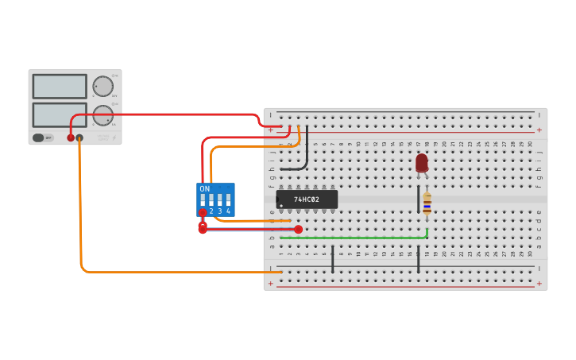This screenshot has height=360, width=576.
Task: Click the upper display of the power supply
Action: pyautogui.click(x=60, y=86)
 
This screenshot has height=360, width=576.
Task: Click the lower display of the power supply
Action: pyautogui.click(x=60, y=114)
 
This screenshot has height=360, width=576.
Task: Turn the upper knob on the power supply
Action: pyautogui.click(x=103, y=86)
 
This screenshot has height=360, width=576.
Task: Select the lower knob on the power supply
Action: pyautogui.click(x=103, y=115)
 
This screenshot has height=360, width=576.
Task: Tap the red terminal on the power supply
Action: pyautogui.click(x=71, y=138)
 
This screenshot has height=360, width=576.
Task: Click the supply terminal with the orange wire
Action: pyautogui.click(x=79, y=138)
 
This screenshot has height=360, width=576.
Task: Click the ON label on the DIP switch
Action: pyautogui.click(x=205, y=189)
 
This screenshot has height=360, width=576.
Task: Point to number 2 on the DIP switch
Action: pyautogui.click(x=211, y=211)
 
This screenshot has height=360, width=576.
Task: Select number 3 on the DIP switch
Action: pyautogui.click(x=220, y=211)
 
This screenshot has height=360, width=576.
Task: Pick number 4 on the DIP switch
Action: pyautogui.click(x=228, y=211)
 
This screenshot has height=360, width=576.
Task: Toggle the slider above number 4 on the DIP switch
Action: pyautogui.click(x=228, y=200)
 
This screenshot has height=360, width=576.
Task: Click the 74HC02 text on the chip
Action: pyautogui.click(x=307, y=199)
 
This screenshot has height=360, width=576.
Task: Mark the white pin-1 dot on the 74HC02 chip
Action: pyautogui.click(x=281, y=206)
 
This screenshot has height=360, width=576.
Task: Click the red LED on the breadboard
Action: pyautogui.click(x=421, y=163)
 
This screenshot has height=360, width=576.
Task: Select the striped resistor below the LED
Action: pyautogui.click(x=427, y=203)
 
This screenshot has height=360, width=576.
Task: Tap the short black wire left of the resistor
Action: pyautogui.click(x=418, y=199)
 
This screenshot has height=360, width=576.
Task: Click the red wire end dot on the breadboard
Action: pyautogui.click(x=298, y=229)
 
